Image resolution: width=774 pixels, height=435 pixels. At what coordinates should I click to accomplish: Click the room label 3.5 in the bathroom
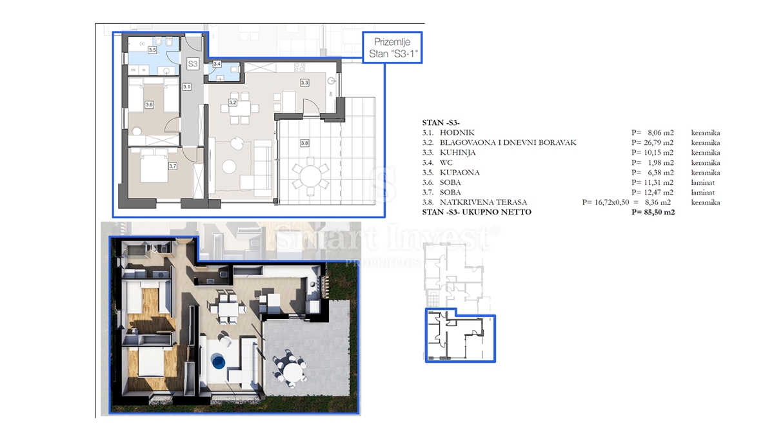pos(152,50)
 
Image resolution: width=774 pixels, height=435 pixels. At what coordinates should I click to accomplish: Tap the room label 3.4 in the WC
pos(217,64)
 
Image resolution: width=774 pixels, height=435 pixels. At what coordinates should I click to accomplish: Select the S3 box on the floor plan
pos(192,64)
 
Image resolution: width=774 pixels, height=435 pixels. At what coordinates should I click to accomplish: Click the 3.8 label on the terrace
pos(304,142)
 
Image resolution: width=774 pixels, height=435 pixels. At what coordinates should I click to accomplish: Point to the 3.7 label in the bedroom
pos(172,166)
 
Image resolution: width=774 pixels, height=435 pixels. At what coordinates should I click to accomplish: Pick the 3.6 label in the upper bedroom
pos(149,104)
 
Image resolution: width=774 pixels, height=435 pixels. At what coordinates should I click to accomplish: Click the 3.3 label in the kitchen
pos(304,82)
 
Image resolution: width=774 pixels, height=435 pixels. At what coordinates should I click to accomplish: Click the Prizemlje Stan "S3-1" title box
pos(392,48)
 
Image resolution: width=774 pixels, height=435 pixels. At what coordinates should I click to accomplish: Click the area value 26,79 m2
pos(653,142)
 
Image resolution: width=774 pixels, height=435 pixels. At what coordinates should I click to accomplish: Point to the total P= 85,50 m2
pos(653,212)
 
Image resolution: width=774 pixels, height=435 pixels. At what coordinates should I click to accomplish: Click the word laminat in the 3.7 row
pos(704,193)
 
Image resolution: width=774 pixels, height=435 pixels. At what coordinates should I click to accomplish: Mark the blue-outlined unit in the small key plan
pos(459,338)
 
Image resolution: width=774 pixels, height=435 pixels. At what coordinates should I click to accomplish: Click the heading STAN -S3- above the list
pos(441,122)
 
